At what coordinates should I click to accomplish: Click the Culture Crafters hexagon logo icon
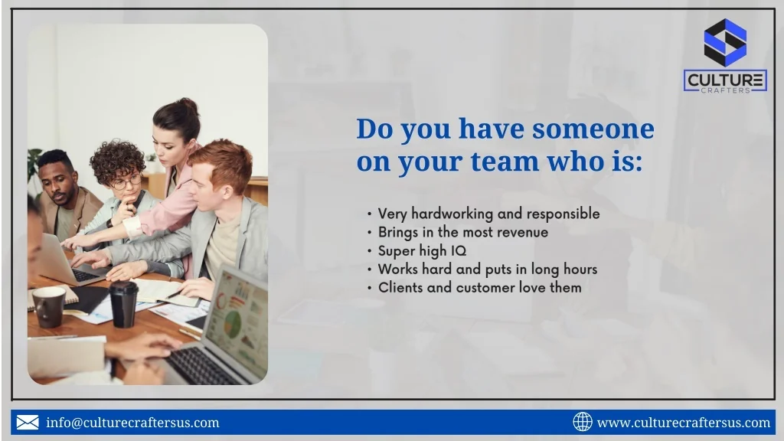point(725,43)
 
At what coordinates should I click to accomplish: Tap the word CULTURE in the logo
point(725,80)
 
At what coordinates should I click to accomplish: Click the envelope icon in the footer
point(28,423)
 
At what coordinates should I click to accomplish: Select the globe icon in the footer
point(583,422)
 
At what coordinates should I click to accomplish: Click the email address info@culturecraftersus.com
point(132,423)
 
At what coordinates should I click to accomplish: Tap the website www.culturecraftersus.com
point(684,423)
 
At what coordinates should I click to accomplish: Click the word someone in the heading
point(593,129)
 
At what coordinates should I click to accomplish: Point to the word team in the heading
point(505,162)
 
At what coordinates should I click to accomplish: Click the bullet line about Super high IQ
point(422,251)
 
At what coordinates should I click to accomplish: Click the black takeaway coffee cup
point(123,304)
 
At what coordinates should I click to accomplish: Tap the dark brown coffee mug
point(49,307)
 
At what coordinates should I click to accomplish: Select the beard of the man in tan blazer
point(60,196)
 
